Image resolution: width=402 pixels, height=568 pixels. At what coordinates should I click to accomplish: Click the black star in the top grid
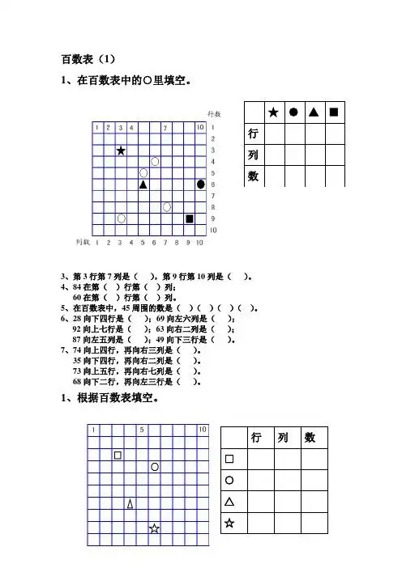point(121,150)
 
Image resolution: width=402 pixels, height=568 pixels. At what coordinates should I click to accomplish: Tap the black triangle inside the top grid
point(143,184)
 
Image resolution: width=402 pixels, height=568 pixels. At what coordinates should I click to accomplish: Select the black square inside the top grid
point(190,218)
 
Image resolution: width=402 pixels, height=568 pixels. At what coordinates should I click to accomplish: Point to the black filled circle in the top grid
point(201,184)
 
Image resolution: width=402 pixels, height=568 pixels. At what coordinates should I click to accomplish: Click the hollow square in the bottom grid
point(118,455)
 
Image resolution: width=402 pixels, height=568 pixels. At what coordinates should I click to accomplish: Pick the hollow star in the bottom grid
point(154,528)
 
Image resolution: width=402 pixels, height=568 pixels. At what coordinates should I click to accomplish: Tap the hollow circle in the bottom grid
point(154,467)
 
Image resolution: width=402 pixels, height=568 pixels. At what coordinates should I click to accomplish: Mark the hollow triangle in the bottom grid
point(130,503)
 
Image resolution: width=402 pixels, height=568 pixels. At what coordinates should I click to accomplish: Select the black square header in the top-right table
point(334,112)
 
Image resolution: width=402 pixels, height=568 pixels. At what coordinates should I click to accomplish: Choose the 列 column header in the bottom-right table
point(283,438)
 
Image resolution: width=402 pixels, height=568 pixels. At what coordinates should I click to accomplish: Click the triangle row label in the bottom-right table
point(229,502)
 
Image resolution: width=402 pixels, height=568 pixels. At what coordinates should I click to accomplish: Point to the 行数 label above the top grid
point(215,114)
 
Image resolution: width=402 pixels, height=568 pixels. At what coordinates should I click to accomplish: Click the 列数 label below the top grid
point(82,241)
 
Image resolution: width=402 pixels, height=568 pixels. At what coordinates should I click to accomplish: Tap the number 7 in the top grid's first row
point(165,128)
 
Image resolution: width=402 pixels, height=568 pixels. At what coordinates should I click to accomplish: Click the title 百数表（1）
point(89,59)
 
